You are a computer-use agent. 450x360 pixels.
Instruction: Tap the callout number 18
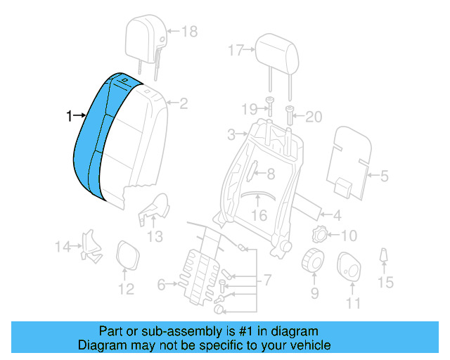point(190,31)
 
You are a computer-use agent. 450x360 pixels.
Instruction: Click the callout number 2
point(184,104)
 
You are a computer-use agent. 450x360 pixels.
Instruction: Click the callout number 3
point(231,134)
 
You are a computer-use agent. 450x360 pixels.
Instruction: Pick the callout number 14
point(63,246)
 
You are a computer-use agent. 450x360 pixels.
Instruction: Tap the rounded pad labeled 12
point(127,255)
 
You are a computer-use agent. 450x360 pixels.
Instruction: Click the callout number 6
point(161,285)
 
